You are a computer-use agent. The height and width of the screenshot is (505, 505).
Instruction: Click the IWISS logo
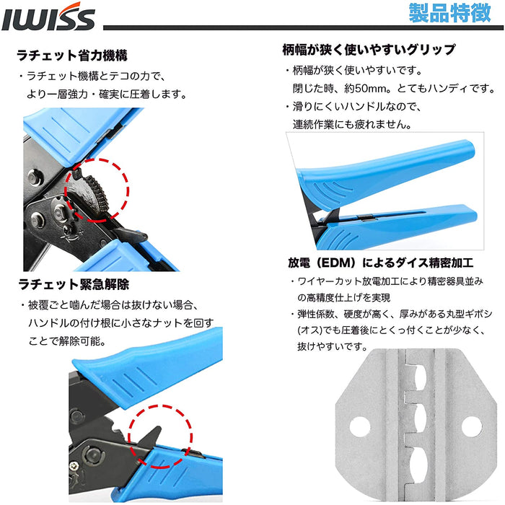48,17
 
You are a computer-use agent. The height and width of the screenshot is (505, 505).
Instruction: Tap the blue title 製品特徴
449,14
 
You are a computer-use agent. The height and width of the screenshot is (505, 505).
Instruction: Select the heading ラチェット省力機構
72,56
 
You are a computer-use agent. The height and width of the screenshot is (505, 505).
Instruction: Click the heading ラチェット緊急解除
74,284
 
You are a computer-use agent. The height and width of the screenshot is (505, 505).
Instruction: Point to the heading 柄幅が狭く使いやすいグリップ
369,50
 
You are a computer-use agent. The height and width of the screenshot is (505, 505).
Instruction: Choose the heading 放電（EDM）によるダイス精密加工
381,263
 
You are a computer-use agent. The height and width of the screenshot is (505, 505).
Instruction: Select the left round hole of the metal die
360,427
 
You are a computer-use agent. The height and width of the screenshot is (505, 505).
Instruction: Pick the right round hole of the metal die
472,427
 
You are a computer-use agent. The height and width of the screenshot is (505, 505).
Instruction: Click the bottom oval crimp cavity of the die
419,464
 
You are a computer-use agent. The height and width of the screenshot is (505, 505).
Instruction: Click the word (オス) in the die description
309,330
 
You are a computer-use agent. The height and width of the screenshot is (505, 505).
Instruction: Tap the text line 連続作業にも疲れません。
352,124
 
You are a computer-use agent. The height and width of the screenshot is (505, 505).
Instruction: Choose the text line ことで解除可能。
67,341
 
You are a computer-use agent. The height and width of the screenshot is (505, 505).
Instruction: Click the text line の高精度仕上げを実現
343,297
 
